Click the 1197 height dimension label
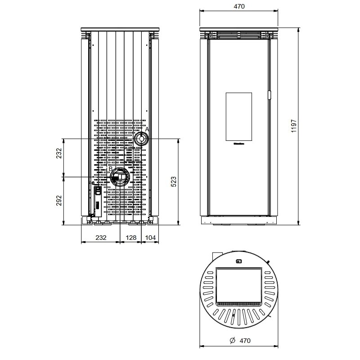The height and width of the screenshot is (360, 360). coord(294,126)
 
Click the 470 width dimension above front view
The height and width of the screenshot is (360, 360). coord(239,6)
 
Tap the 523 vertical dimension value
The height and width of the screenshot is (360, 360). coord(174,181)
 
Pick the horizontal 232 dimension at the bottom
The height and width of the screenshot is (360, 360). coord(101,238)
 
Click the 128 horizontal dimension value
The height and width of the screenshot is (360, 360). coord(131,238)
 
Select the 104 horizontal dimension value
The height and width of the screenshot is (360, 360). coord(151,238)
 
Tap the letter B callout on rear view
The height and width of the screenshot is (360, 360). coord(110,169)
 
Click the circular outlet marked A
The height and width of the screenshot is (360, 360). coord(141,139)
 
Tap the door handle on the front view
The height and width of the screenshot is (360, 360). coord(270,95)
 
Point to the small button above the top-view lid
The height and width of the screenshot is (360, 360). coord(239,261)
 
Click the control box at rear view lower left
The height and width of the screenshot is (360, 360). coord(97,200)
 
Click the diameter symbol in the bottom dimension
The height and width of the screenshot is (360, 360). coord(232,341)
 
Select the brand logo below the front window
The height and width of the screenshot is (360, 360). coord(238,145)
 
